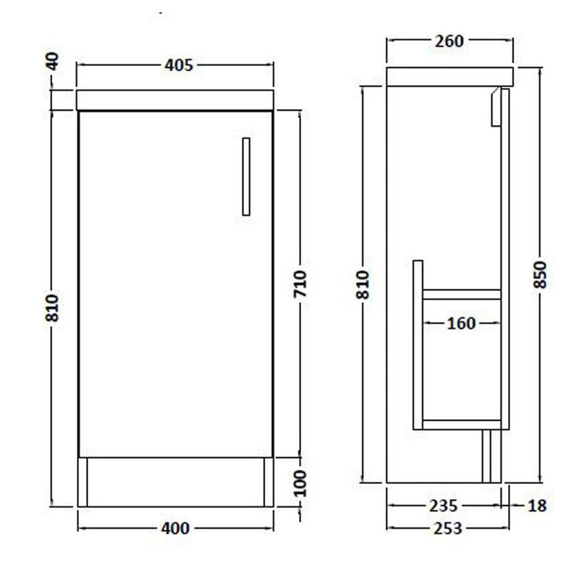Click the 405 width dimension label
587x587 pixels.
pos(178,65)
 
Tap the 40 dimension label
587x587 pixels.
pos(52,61)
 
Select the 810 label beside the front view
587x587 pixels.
pos(52,308)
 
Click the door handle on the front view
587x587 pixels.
pos(246,176)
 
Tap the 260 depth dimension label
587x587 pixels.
pos(449,41)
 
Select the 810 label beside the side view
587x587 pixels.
pos(362,285)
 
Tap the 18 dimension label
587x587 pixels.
pos(538,506)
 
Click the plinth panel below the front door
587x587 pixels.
pos(174,481)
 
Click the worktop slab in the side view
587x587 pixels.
pos(449,76)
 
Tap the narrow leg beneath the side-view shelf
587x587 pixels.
pos(487,456)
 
